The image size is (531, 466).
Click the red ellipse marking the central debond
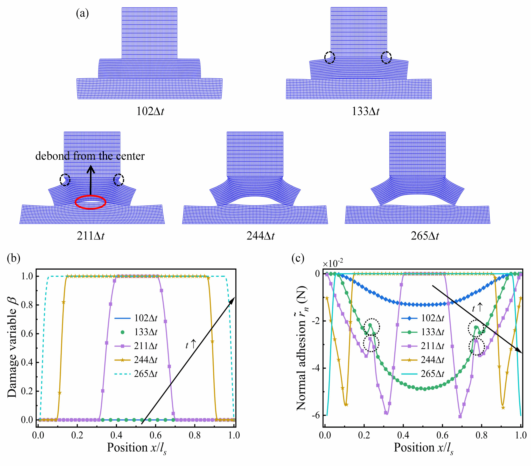90,202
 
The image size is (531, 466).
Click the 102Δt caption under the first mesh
150,111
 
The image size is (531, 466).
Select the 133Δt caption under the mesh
365,111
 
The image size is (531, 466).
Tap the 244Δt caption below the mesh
260,236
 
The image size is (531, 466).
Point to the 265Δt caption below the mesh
425,236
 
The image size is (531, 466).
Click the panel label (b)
14,258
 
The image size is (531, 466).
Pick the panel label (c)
298,258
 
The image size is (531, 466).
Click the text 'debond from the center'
90,156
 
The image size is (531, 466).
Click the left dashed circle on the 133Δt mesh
330,57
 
